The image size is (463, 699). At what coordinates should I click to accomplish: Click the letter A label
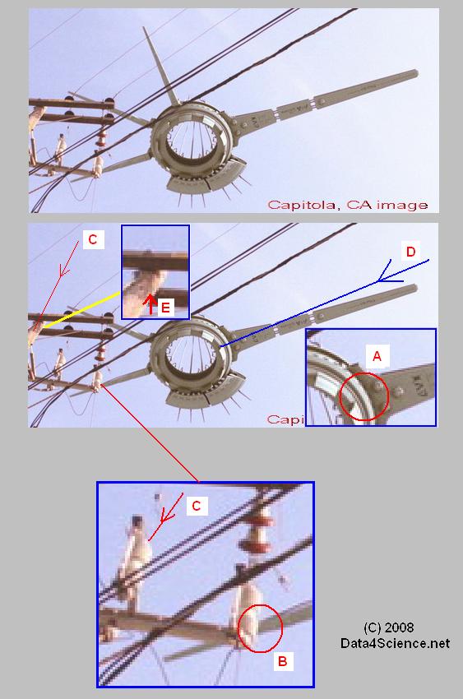click(x=377, y=357)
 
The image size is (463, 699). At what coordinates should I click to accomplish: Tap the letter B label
click(x=282, y=660)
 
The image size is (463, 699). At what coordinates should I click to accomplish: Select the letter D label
click(x=410, y=252)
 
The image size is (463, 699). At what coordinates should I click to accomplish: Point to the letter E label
click(x=165, y=308)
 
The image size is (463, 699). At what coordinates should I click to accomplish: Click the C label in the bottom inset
click(x=197, y=506)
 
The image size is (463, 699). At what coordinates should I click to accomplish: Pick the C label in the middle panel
click(x=92, y=239)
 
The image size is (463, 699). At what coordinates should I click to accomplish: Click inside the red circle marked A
click(x=364, y=396)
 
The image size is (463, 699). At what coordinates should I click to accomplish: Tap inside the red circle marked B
click(x=260, y=627)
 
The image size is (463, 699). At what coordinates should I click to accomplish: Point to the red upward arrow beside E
click(x=150, y=304)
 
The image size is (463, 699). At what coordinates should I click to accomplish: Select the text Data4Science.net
click(x=395, y=643)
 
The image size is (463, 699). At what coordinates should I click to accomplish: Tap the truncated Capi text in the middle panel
click(x=285, y=419)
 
